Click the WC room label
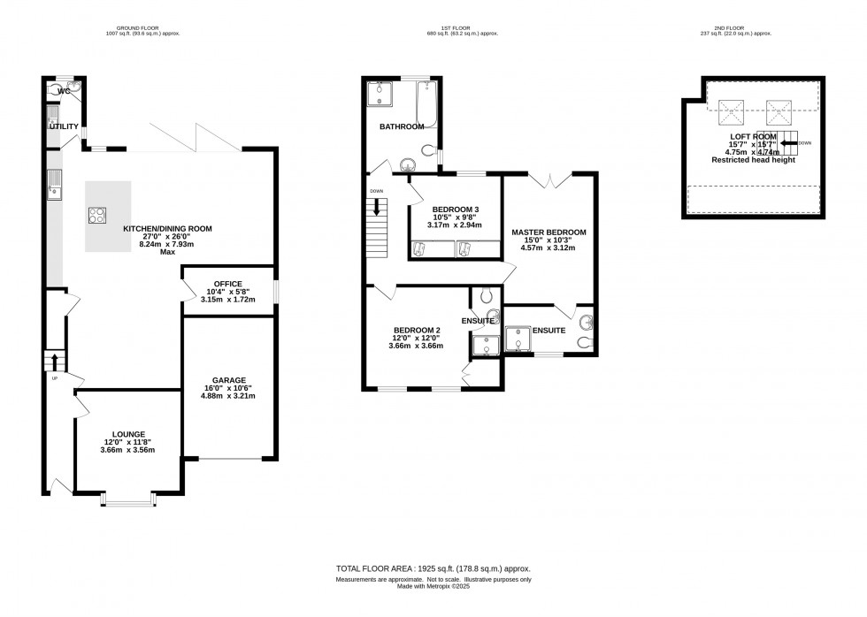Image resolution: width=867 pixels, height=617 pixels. pos(64,91)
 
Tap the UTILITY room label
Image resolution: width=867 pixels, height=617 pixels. pos(64,126)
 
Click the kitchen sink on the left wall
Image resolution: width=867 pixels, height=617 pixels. pos(55,184)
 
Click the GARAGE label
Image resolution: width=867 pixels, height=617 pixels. pos(227,380)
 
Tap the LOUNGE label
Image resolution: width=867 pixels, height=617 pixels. pos(127,434)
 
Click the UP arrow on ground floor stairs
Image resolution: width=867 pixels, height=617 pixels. pos(55,362)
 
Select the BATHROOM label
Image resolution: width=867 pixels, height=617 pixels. pos(402,127)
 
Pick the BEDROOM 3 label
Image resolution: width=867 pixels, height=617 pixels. pos(456,209)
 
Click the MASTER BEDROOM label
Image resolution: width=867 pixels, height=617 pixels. pos(549,232)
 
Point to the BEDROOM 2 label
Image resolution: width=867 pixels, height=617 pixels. pos(418,330)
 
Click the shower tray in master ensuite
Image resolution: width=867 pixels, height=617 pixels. pos(516,339)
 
